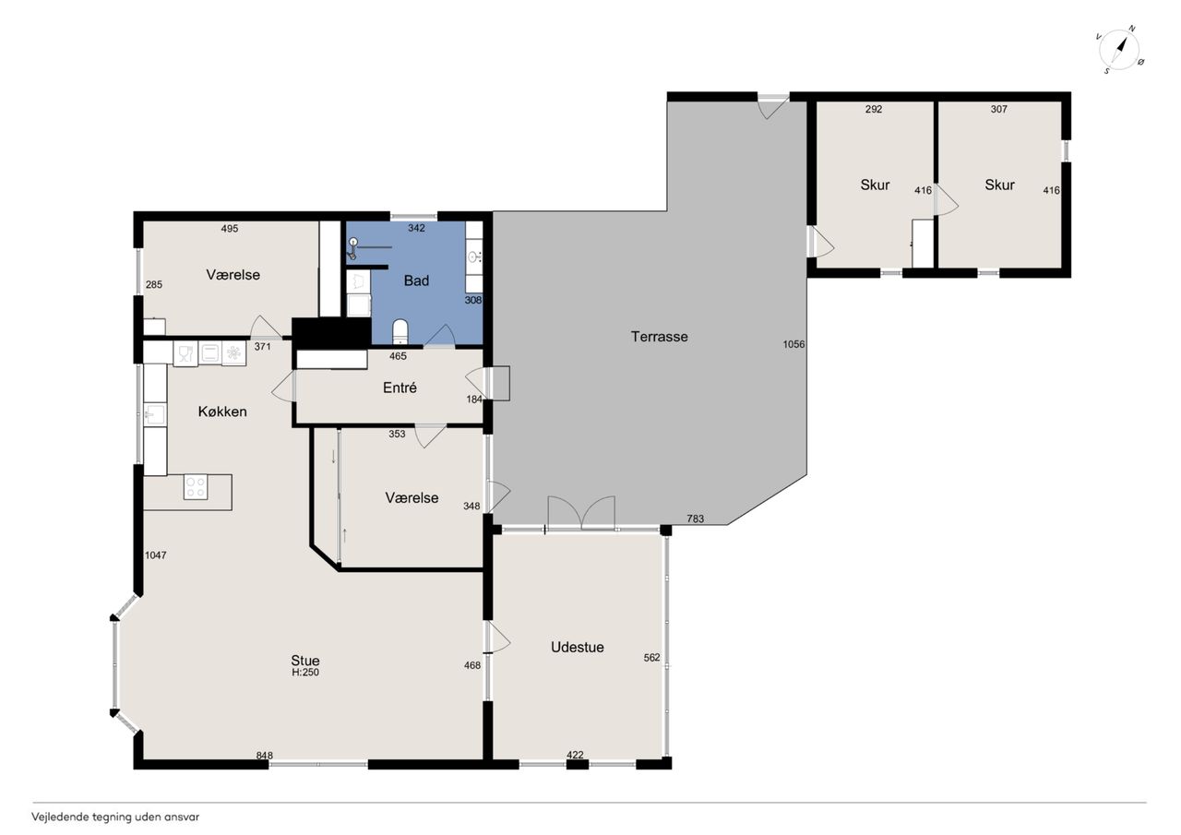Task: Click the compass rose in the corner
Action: pos(1119,50)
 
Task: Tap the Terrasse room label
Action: pos(659,337)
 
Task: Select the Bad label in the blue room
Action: pos(416,280)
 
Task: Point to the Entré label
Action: pos(400,388)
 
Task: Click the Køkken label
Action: pos(222,412)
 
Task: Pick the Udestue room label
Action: pos(578,647)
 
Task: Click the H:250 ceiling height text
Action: pos(305,672)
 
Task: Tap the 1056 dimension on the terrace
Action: pos(793,344)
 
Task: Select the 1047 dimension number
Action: pos(156,555)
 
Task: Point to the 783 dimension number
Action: pos(696,519)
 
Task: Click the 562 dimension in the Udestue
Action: pos(651,657)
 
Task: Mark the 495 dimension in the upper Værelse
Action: pos(230,228)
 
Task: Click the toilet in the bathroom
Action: pos(400,331)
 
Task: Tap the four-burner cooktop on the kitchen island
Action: pos(196,487)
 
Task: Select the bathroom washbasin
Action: pos(474,257)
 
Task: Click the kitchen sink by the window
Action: pos(155,415)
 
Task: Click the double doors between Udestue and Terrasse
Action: pos(581,512)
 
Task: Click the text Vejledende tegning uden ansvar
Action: pos(115,817)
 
